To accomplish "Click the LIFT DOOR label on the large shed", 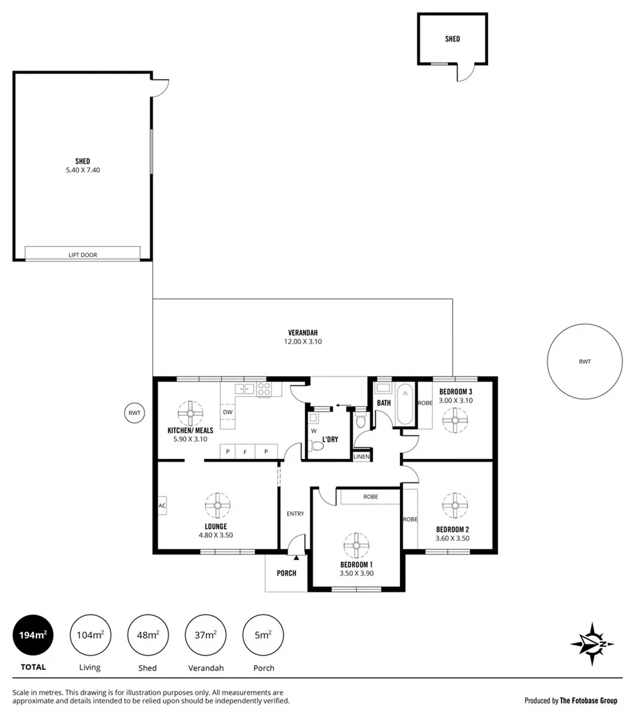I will click(x=83, y=255).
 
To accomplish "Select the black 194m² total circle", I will click(x=33, y=635).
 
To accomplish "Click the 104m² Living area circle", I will click(x=90, y=635).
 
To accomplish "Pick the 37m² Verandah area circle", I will click(x=205, y=635).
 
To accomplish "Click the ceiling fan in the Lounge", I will click(x=218, y=503).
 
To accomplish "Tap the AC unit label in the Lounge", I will click(x=162, y=505).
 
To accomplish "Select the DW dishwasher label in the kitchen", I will click(x=228, y=412).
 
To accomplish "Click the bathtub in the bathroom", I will click(x=405, y=404).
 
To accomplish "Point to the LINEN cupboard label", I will click(x=362, y=457).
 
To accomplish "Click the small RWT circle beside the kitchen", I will click(x=135, y=413).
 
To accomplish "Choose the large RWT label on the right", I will click(x=584, y=362).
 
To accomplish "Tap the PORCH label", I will click(x=286, y=573).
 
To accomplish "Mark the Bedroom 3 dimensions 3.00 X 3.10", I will click(x=456, y=400).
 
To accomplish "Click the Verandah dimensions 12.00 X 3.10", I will click(x=302, y=342).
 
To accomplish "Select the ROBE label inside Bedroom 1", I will click(x=370, y=497).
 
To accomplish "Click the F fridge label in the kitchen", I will click(x=248, y=451).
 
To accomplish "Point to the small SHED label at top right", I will click(x=453, y=39).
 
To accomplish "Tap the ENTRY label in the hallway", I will click(x=295, y=513).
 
